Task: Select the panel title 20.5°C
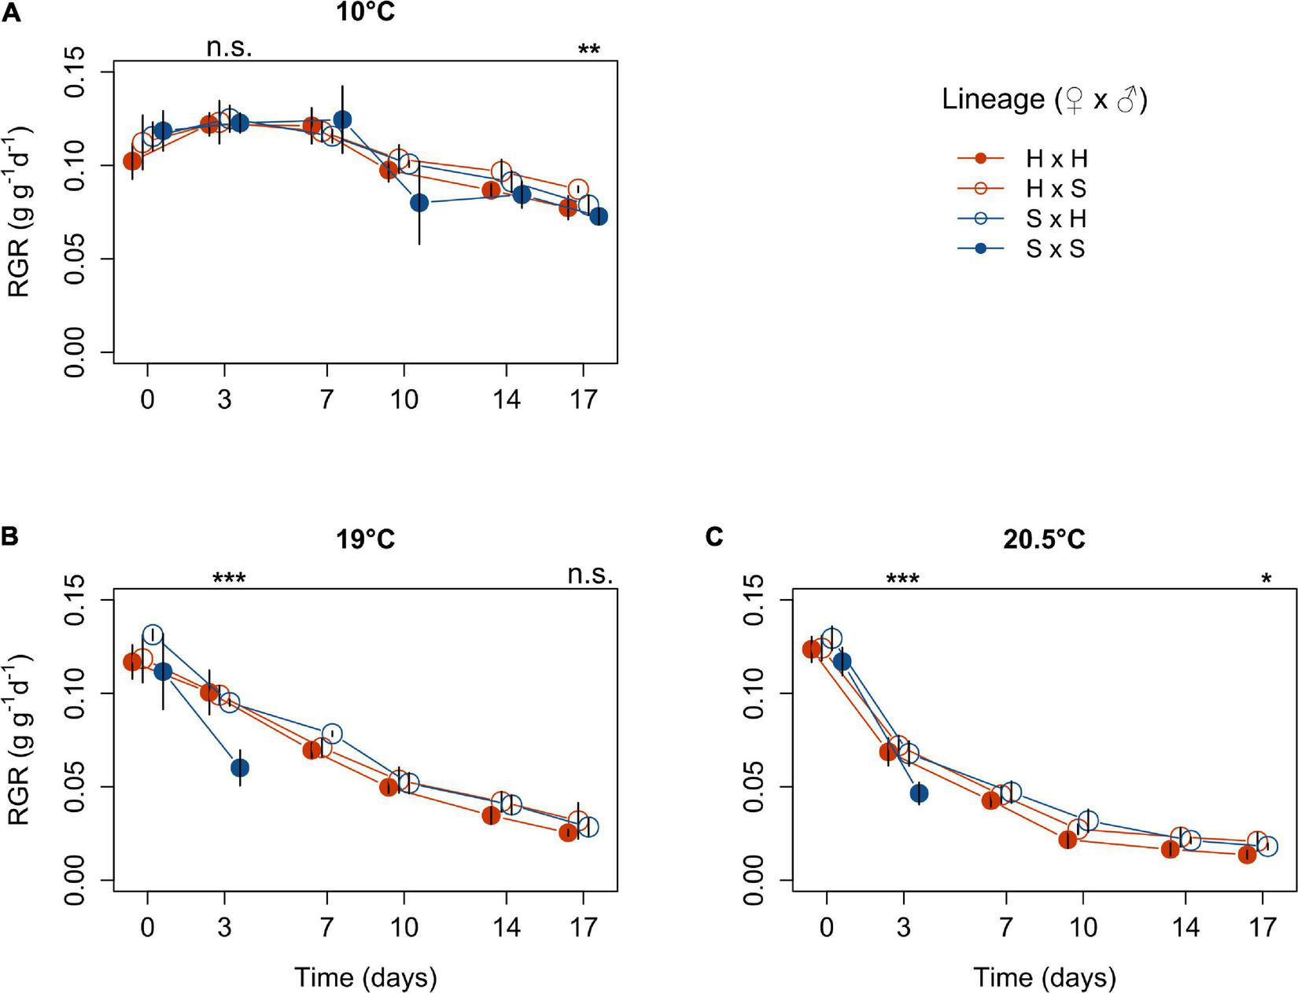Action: (x=1044, y=539)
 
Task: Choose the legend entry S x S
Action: (x=1055, y=249)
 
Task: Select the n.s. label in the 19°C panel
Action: (x=590, y=575)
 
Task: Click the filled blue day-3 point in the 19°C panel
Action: (x=240, y=767)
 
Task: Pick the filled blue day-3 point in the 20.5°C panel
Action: (x=919, y=793)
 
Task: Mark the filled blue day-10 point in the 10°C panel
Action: (x=419, y=203)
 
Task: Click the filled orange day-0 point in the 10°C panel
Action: (x=132, y=161)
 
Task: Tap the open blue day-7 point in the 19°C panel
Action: (x=333, y=734)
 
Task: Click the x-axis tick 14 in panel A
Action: (x=507, y=399)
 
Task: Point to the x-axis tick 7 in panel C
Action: (x=1005, y=927)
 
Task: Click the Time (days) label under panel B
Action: (x=365, y=977)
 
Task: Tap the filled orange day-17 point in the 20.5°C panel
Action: (x=1247, y=854)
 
